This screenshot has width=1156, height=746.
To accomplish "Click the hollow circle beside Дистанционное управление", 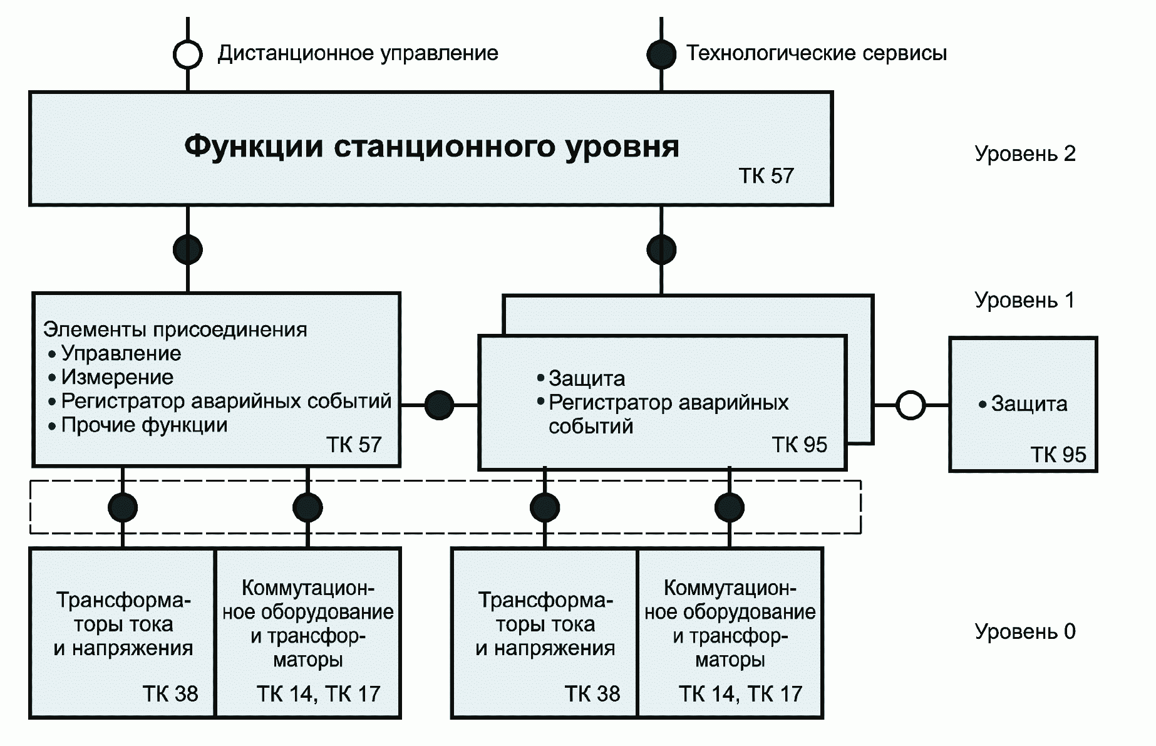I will [x=187, y=54].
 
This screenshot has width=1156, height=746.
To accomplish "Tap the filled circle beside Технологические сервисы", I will [x=661, y=54].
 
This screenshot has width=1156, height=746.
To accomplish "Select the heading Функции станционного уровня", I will [x=431, y=147].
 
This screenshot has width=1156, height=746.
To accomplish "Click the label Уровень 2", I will [x=1024, y=153].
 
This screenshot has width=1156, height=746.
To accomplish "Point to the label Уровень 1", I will [x=1024, y=300].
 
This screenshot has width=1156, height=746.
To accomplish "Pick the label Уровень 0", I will [x=1024, y=631].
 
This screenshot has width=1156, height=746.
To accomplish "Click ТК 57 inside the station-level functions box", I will [x=766, y=176].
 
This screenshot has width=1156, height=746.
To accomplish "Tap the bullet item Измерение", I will [x=117, y=377].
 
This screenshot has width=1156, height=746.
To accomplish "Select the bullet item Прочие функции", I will [x=144, y=425].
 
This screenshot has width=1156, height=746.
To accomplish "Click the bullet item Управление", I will [x=121, y=353].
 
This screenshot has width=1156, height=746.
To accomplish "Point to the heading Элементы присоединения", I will [x=175, y=329].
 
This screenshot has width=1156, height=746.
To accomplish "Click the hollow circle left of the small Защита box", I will [x=911, y=405].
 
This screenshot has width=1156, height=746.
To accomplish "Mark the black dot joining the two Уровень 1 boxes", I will [x=439, y=405].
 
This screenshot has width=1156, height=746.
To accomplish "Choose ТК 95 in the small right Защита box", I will [x=1058, y=455].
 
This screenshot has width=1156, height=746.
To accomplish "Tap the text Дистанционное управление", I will [x=358, y=53].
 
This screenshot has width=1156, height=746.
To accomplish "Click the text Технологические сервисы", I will [x=817, y=53].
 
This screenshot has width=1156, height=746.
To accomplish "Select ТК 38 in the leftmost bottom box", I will [x=170, y=694].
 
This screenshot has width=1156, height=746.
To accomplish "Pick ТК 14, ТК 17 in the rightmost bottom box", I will [x=740, y=694].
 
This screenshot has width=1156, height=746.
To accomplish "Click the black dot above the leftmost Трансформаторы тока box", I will [x=123, y=507].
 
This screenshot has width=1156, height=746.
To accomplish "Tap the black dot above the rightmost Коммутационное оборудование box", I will [x=730, y=507].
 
